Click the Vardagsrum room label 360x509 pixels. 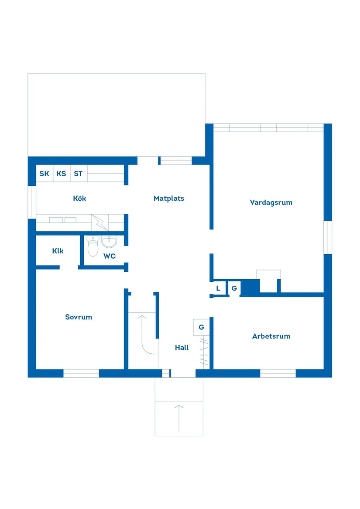coord(271,202)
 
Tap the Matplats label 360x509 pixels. coord(169,198)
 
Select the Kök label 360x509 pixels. coord(79,198)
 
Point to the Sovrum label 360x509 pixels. coord(79,317)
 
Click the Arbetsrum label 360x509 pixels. coord(271,336)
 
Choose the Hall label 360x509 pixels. coord(182,348)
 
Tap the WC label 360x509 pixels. coord(110,256)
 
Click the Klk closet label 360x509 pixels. coord(58,251)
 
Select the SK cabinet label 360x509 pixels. coord(44,174)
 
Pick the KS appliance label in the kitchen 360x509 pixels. coord(61,174)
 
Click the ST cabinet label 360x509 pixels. coord(78,174)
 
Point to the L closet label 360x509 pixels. coord(218,288)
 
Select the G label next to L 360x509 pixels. coord(234,288)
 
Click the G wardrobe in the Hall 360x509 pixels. coord(201,327)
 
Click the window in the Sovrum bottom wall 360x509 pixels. coord(81,373)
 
